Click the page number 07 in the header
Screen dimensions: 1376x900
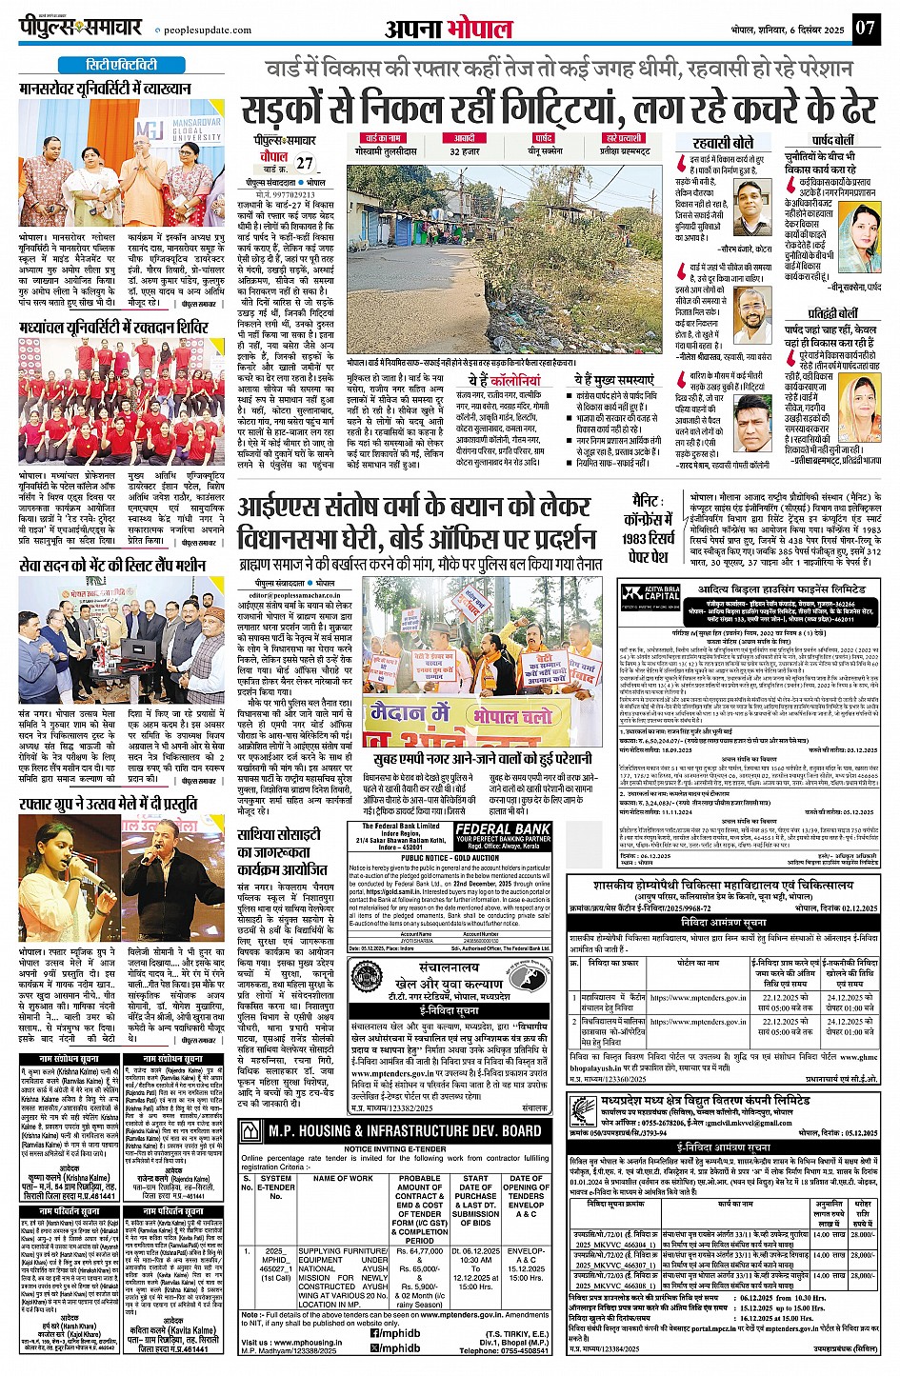(864, 27)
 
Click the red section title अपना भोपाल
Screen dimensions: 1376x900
(449, 29)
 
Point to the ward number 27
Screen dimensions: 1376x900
(304, 163)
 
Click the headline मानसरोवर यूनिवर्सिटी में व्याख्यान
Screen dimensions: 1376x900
(106, 89)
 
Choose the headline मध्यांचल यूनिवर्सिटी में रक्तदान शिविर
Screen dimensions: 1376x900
(113, 328)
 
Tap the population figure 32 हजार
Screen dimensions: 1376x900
(464, 151)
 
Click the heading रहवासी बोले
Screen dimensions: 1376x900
(723, 142)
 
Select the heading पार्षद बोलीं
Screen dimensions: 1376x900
(833, 140)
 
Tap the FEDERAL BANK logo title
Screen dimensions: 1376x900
(503, 829)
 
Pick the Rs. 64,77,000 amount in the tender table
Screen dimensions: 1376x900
(419, 1251)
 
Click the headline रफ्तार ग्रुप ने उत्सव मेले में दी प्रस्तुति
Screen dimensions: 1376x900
(108, 804)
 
